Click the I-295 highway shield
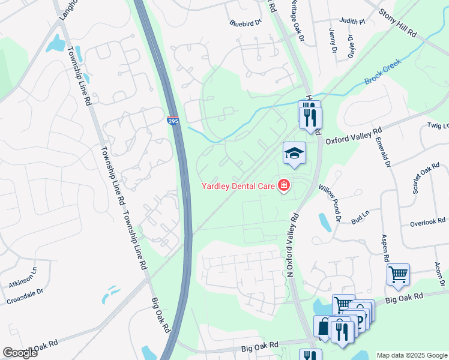tap(173, 121)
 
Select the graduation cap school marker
tap(295, 154)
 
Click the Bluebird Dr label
tap(246, 23)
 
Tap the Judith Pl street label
tap(352, 21)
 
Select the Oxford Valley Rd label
tap(354, 136)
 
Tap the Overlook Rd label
tap(427, 223)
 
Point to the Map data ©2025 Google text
tap(412, 355)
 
